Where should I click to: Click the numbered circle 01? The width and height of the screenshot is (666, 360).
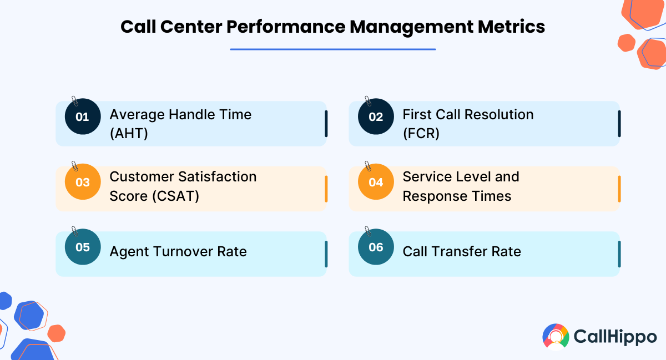click(x=83, y=116)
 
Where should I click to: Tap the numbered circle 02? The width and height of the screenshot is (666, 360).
click(x=376, y=116)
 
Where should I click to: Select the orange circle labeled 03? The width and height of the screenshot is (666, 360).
click(x=83, y=181)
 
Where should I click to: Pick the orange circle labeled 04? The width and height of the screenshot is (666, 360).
click(x=376, y=181)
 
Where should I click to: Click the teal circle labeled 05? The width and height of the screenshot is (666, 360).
click(x=83, y=247)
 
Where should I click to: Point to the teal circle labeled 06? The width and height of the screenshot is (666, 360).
click(x=376, y=247)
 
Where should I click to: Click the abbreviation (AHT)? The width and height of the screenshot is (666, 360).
click(x=129, y=134)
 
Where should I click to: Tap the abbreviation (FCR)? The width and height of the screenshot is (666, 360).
click(x=421, y=134)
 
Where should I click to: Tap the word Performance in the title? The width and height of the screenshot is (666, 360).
click(x=286, y=27)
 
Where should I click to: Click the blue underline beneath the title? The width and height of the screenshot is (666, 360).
click(x=333, y=49)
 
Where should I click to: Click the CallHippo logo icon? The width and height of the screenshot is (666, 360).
click(x=556, y=337)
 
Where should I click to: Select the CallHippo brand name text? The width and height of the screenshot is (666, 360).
click(x=615, y=337)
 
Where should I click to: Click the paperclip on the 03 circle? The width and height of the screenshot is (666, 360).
click(x=74, y=166)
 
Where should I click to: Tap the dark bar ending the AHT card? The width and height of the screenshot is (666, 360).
click(x=326, y=124)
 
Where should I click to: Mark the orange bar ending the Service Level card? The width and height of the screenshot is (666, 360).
click(x=619, y=189)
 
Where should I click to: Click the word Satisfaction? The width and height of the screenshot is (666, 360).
click(x=218, y=176)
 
